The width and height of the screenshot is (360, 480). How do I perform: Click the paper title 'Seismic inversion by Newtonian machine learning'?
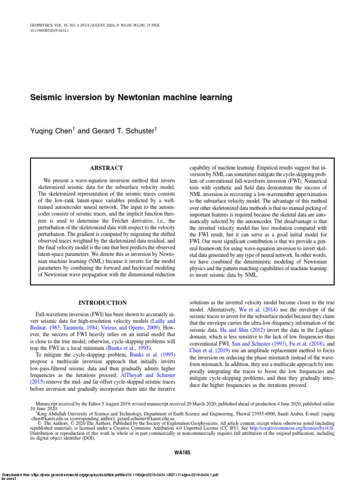pos(131,98)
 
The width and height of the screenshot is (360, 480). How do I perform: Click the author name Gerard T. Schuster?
pos(122,132)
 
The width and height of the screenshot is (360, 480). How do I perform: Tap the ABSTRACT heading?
pos(106,168)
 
